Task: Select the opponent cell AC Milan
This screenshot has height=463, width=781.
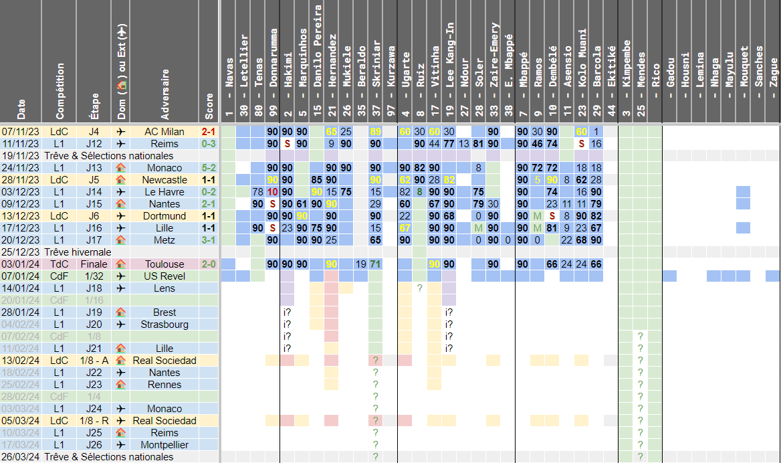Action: [x=164, y=132]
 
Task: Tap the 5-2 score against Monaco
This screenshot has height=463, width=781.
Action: [x=209, y=168]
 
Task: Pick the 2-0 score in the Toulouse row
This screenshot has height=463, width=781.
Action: [x=209, y=264]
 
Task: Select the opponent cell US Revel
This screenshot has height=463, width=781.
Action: [x=164, y=276]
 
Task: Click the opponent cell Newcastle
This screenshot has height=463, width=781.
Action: [x=164, y=180]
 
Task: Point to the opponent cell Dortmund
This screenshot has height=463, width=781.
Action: [x=164, y=216]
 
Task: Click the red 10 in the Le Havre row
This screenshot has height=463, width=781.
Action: [x=273, y=192]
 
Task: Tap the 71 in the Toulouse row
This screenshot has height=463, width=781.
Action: [x=376, y=264]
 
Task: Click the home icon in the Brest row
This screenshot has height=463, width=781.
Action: [x=121, y=312]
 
